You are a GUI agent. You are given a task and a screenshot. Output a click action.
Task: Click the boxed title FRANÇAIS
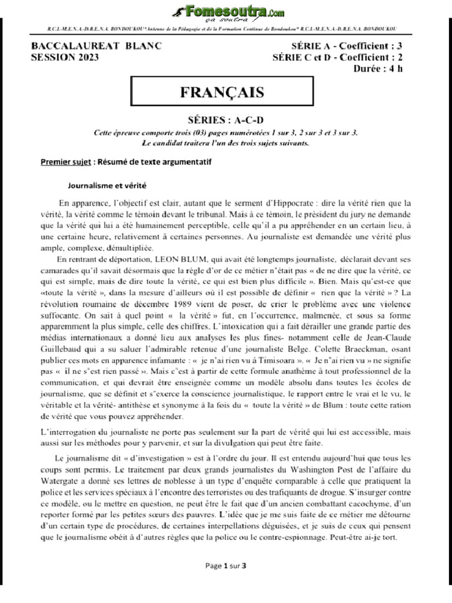click(x=221, y=92)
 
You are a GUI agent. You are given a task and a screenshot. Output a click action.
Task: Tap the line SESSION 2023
click(x=65, y=57)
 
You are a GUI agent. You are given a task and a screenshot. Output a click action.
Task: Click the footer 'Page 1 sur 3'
click(x=225, y=566)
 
